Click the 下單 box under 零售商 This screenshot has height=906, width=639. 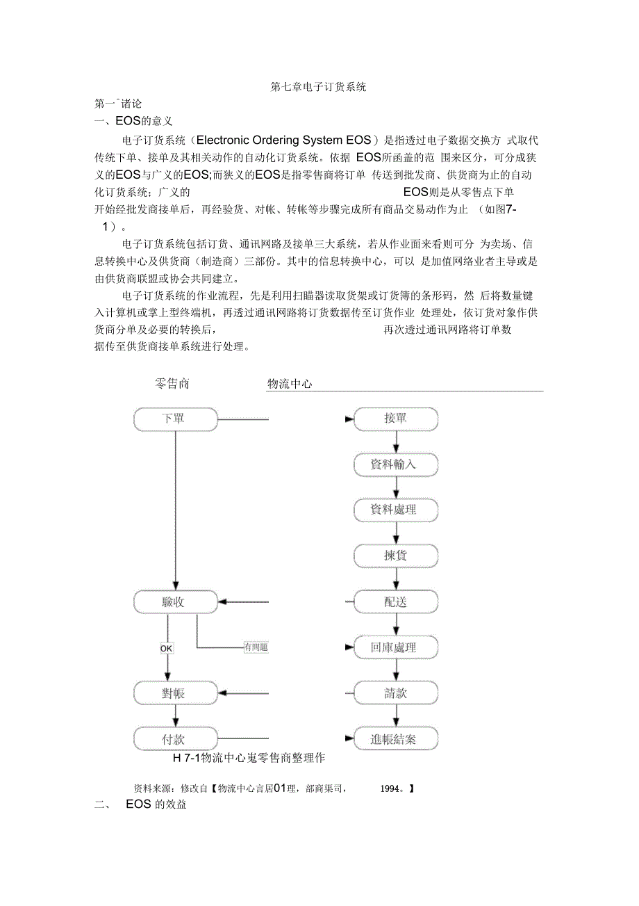pos(175,419)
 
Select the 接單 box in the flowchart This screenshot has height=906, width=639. pos(396,419)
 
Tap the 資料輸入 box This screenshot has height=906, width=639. pos(396,464)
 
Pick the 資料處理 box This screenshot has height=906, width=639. pos(396,510)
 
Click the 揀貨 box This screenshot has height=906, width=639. pos(396,556)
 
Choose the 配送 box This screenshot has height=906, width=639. pos(396,601)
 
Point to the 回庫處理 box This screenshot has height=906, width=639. pos(396,647)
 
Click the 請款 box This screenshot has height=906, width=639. pos(396,693)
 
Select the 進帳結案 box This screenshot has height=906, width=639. pos(396,738)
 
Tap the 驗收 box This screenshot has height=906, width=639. pos(175,601)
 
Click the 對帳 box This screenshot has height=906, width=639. pos(175,693)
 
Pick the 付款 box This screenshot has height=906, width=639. pos(175,738)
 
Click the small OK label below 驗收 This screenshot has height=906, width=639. pos(167,648)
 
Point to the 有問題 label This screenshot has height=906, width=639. pos(256,647)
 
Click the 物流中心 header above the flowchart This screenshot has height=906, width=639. pos(290,384)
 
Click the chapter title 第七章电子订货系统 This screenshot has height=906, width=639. pos(318,87)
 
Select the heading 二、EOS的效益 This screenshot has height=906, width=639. pos(141,805)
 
